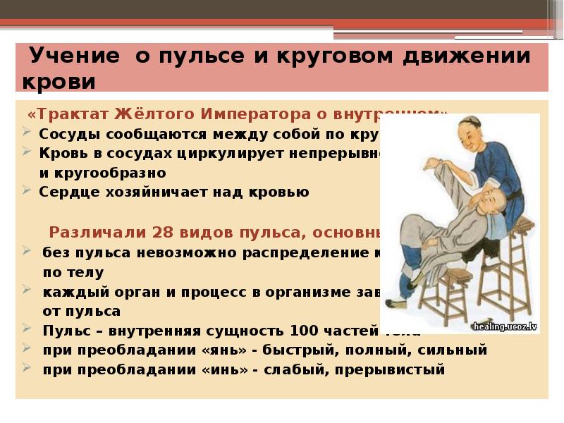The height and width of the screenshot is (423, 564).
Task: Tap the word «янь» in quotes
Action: tap(202, 350)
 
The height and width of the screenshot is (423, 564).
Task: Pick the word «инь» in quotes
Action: tap(200, 369)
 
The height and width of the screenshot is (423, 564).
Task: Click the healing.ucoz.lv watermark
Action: tap(506, 326)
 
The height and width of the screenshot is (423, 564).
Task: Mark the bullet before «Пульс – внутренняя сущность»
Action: tap(27, 329)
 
